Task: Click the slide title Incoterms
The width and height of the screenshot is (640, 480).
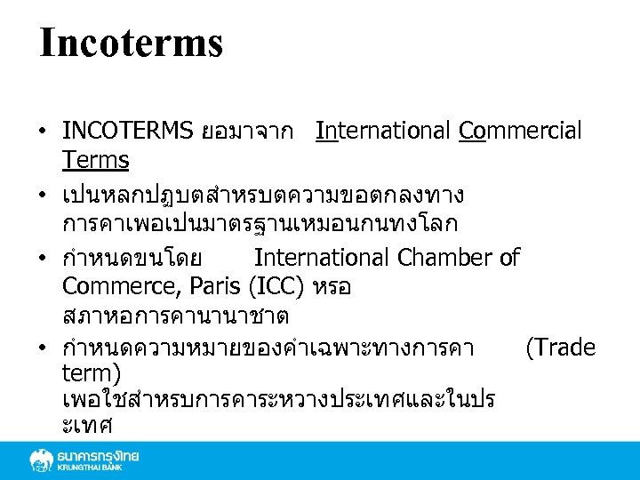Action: [131, 43]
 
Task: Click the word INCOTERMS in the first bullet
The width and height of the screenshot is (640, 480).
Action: [128, 132]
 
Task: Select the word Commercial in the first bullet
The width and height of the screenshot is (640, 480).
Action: [520, 132]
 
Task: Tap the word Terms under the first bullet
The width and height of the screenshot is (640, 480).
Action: [96, 161]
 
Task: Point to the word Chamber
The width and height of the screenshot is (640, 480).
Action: [445, 258]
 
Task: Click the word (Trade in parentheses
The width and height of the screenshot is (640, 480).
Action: [561, 348]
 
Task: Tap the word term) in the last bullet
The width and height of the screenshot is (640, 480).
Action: [92, 372]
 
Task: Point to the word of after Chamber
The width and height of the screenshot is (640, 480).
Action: [510, 258]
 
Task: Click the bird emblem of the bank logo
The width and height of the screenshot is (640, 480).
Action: [41, 460]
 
